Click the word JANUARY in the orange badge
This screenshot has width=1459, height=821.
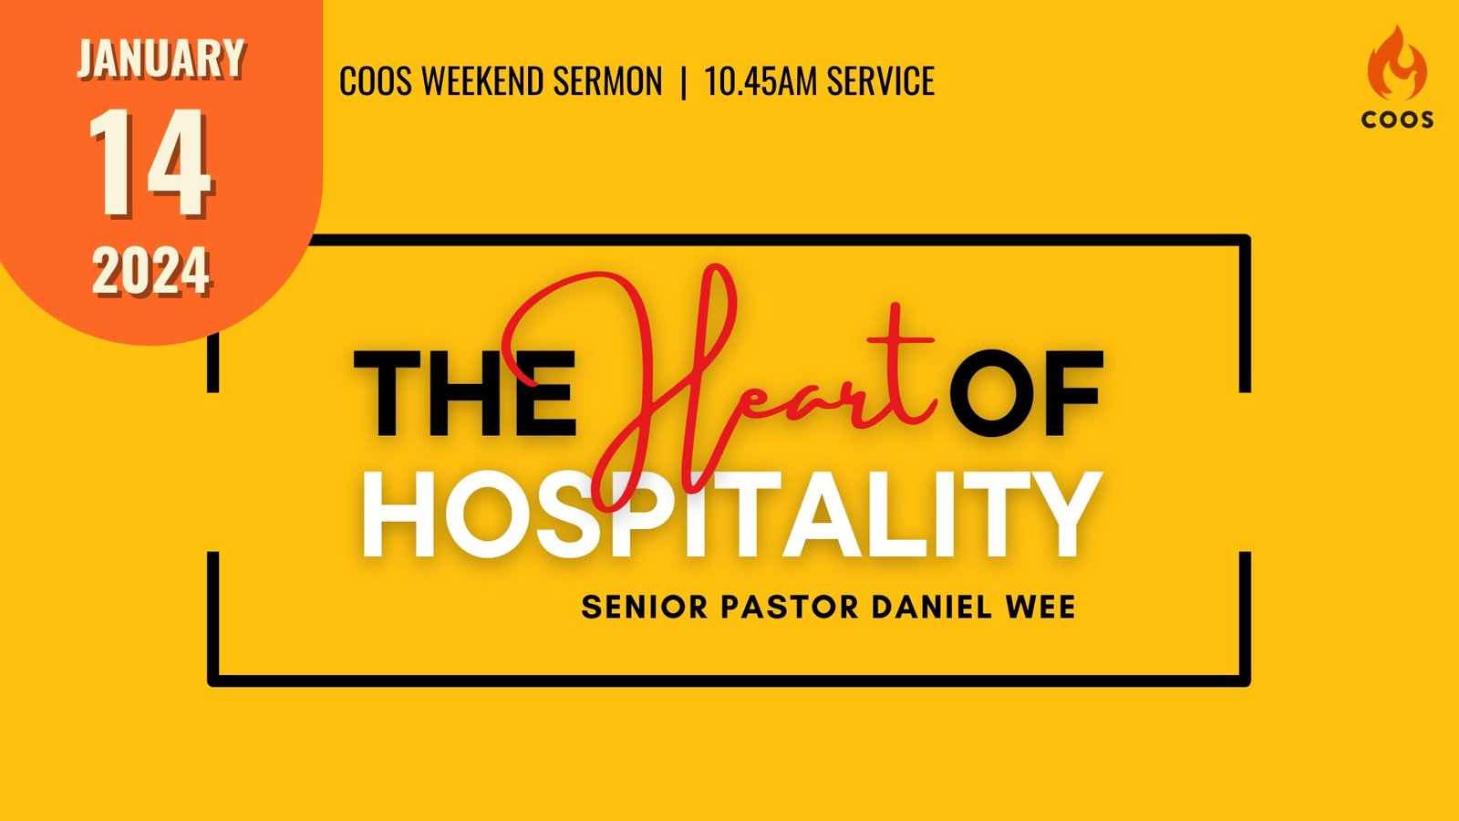click(x=160, y=58)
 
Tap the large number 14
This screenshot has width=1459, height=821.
click(x=150, y=163)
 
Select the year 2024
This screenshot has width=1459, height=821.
click(x=151, y=270)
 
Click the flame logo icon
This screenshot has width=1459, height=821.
click(x=1397, y=63)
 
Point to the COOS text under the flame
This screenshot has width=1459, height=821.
click(x=1397, y=120)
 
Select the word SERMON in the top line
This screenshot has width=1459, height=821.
click(x=607, y=81)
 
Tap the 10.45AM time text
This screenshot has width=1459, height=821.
click(x=761, y=81)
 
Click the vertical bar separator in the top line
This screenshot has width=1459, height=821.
click(x=683, y=82)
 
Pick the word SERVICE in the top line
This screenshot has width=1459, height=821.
click(x=881, y=81)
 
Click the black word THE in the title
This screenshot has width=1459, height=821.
click(x=464, y=393)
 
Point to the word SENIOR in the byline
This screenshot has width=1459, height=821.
click(x=645, y=608)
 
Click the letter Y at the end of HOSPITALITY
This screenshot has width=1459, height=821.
click(x=1059, y=514)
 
